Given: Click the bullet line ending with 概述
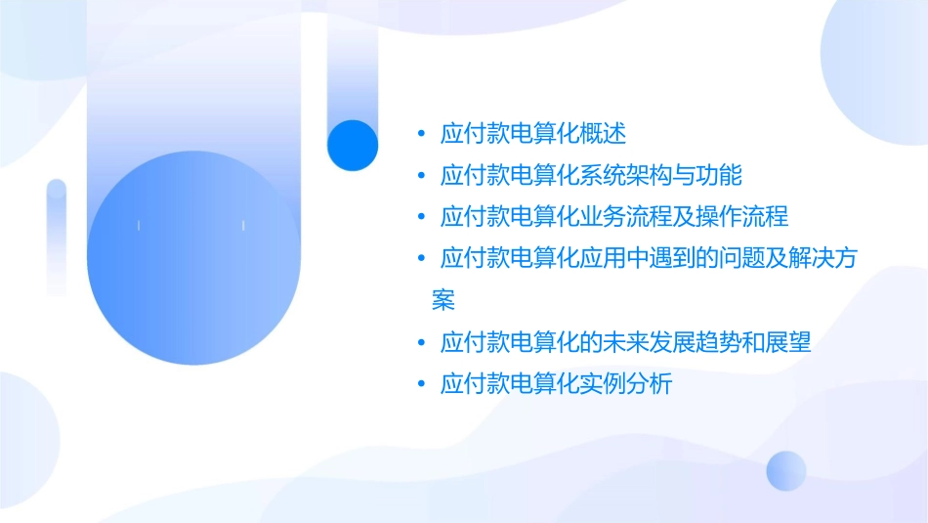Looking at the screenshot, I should tap(532, 133).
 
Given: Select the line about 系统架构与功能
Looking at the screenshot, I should tap(591, 175).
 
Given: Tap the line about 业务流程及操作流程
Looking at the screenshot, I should tap(613, 216).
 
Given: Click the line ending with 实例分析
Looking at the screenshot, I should tap(556, 384).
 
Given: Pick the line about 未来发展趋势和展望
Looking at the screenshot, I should tap(625, 343).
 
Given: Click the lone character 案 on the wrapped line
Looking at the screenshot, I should tap(443, 300).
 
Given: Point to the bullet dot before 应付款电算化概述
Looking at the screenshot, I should tap(421, 133).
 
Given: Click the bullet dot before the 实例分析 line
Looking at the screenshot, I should tap(421, 385).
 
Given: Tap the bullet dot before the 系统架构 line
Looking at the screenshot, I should tap(421, 176).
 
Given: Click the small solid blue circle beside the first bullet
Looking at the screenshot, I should tap(353, 145).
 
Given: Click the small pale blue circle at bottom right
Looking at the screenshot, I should tap(786, 470).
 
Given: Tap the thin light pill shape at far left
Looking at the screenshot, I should tap(56, 235).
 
